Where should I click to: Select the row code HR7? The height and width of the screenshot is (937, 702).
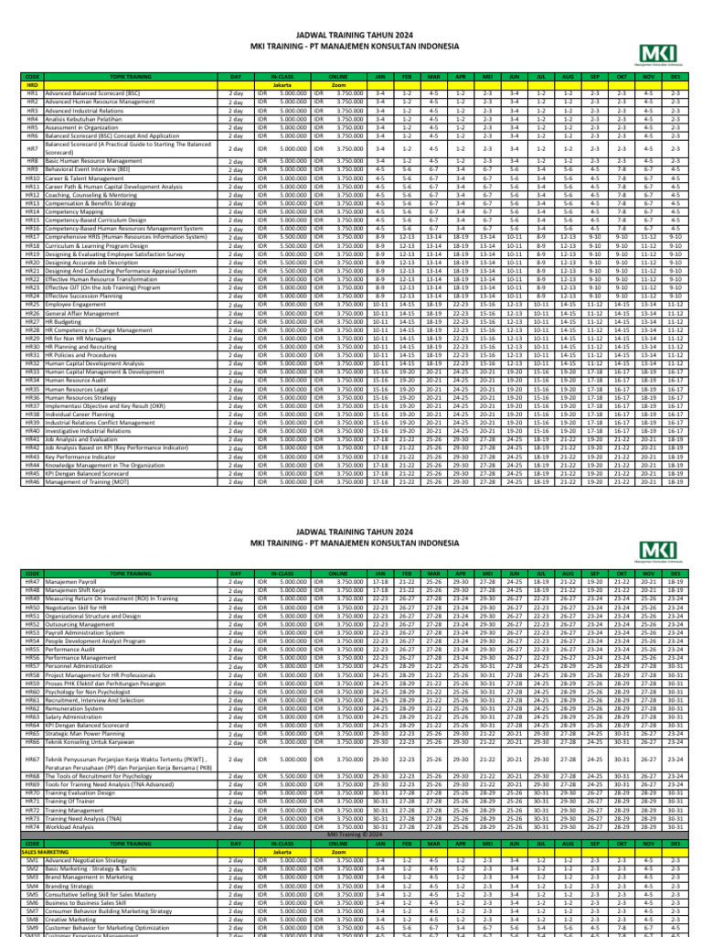(32, 147)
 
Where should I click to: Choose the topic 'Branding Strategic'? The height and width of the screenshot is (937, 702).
(73, 887)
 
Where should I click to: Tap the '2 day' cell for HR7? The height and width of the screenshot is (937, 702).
(236, 147)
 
